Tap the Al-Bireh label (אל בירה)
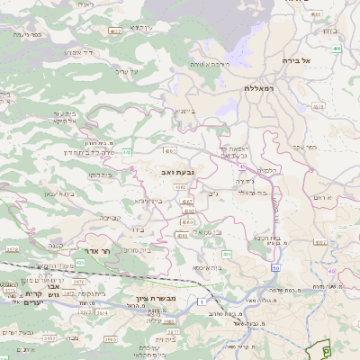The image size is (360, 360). (319, 60)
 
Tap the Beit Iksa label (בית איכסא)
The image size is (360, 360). (207, 267)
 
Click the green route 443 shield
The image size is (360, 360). (128, 152)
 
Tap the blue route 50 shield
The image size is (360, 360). (274, 267)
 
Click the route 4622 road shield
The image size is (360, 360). (114, 31)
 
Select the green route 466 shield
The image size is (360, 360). (336, 49)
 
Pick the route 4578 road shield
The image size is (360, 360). (11, 249)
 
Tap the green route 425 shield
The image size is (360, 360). (79, 263)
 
